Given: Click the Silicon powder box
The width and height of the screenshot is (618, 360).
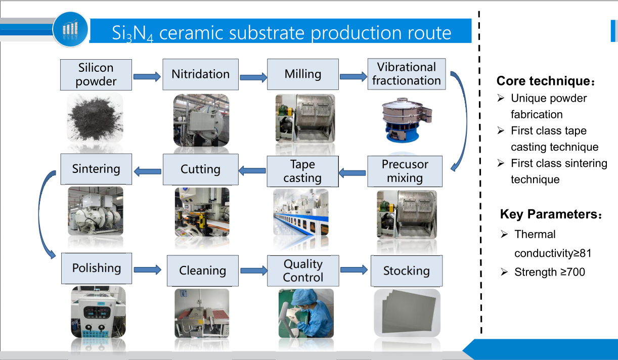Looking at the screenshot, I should [x=96, y=75].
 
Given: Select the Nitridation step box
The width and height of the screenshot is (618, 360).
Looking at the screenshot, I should [x=200, y=75].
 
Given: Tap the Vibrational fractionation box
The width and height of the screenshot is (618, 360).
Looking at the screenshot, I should [x=406, y=74].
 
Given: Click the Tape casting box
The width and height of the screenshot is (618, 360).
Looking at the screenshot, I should [x=302, y=171].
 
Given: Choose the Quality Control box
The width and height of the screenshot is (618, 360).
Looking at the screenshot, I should [x=303, y=271].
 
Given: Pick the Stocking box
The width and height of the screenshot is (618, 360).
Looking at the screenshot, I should [x=406, y=271].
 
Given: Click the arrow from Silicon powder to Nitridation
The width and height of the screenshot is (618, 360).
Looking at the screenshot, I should [x=147, y=77].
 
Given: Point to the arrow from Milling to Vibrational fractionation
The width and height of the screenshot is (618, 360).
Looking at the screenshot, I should [x=354, y=76].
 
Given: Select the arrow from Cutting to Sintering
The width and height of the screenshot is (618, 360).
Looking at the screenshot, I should [x=147, y=171].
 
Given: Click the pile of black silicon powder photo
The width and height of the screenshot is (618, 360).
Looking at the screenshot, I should [x=95, y=117].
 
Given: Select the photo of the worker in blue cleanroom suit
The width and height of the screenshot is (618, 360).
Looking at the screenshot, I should [x=306, y=313].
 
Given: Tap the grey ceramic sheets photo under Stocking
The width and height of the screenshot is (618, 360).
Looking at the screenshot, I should [x=407, y=313].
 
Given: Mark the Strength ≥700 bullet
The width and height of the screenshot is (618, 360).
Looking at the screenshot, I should [x=549, y=272].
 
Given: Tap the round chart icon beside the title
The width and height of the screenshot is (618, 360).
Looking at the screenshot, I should [x=70, y=29].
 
